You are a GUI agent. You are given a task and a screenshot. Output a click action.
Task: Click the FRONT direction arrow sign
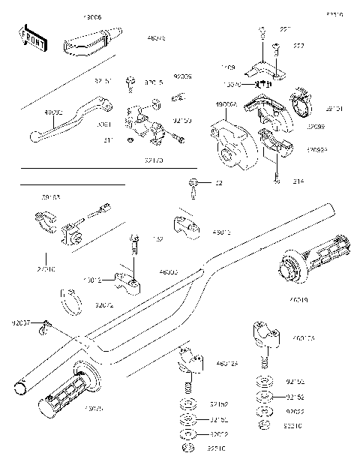(32, 39)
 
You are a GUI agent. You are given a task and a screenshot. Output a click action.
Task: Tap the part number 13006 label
(92, 15)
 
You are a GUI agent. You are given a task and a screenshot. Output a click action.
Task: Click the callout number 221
(285, 29)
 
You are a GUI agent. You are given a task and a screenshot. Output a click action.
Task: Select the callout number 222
(299, 46)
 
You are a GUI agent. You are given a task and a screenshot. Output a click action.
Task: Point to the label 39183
(51, 199)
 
